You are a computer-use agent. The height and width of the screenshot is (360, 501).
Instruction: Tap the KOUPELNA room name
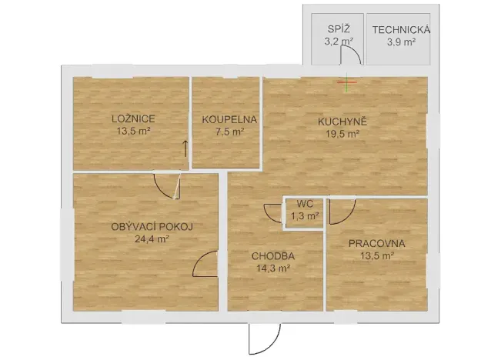tap(229, 119)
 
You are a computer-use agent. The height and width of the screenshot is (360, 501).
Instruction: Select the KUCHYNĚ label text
tap(342, 121)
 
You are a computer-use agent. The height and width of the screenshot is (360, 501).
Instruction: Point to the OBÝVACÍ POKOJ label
tap(151, 226)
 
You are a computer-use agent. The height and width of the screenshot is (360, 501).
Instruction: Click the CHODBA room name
tap(273, 256)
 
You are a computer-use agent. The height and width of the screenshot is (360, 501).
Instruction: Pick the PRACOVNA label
tap(376, 244)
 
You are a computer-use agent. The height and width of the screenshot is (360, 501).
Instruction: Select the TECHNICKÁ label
tap(401, 30)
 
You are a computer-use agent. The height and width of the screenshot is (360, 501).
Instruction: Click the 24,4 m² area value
tap(151, 238)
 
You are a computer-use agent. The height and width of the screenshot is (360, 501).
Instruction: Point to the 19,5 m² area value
tap(342, 133)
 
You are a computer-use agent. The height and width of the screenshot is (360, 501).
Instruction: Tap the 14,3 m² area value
tap(273, 268)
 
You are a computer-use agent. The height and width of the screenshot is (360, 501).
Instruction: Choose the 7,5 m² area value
tap(229, 132)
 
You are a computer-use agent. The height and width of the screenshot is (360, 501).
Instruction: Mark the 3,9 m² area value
tap(401, 42)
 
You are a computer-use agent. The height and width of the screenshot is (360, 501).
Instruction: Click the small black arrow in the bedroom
tap(185, 148)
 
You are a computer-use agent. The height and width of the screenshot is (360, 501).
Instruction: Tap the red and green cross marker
tap(347, 81)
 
